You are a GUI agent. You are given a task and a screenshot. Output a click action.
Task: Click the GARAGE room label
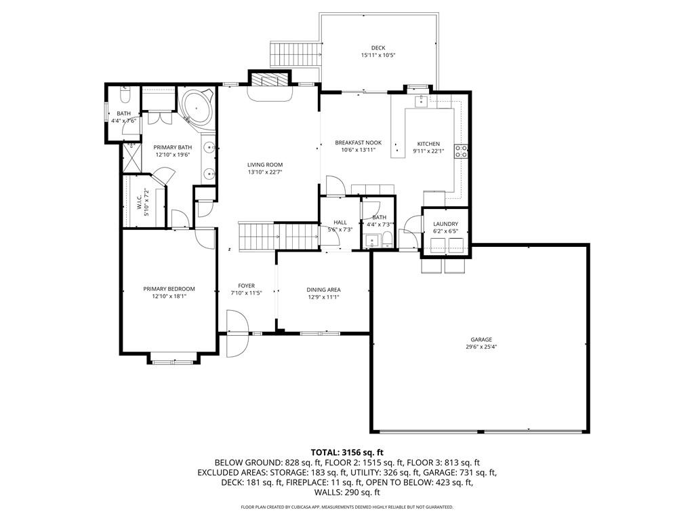coord(481,340)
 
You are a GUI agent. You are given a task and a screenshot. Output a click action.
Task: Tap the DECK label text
coord(378,48)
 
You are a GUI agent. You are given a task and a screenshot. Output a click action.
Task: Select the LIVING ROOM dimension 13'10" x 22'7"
coord(265,172)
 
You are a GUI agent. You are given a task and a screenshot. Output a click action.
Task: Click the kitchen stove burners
coord(461,151)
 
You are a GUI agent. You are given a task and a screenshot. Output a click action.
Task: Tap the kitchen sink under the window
coord(420,102)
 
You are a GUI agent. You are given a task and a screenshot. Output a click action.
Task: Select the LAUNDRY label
coord(445,224)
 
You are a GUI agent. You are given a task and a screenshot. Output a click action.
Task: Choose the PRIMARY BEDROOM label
coord(169,289)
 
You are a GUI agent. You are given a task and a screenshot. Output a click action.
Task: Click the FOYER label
coord(247,286)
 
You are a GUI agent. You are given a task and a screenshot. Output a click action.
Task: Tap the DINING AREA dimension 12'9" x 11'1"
coord(323,297)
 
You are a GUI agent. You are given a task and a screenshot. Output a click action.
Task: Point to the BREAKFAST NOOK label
coord(358,142)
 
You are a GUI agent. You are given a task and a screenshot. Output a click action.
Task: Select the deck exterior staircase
coord(295,54)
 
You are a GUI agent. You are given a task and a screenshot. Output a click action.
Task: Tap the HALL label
coord(340,223)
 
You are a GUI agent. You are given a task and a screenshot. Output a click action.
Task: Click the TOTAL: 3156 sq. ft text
coord(347,452)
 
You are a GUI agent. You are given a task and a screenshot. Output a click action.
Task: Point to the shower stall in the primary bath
coord(131,157)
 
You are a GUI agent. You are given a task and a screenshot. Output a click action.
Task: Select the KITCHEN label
coord(428,144)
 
